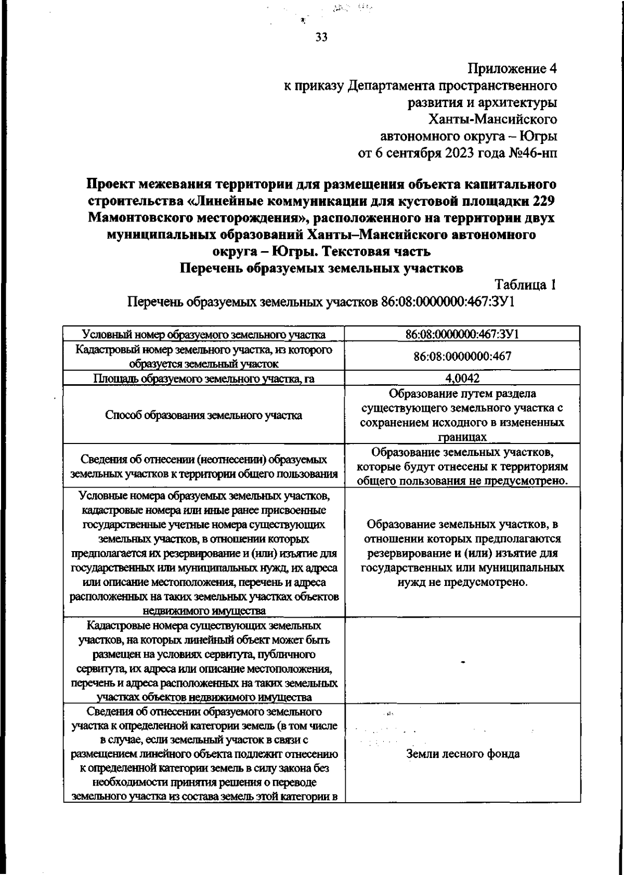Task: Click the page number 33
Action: [x=321, y=37]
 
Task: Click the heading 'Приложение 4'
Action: [x=512, y=68]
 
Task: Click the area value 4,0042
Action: [x=462, y=378]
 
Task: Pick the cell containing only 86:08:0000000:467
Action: [x=462, y=356]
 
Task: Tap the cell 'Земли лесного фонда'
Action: [x=462, y=754]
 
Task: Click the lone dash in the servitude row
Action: [x=462, y=662]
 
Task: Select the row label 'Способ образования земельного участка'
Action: [x=204, y=415]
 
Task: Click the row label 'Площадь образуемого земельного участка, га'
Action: [x=204, y=378]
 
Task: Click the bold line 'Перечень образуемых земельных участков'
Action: [x=321, y=268]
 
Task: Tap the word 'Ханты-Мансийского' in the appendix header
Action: [x=492, y=120]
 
